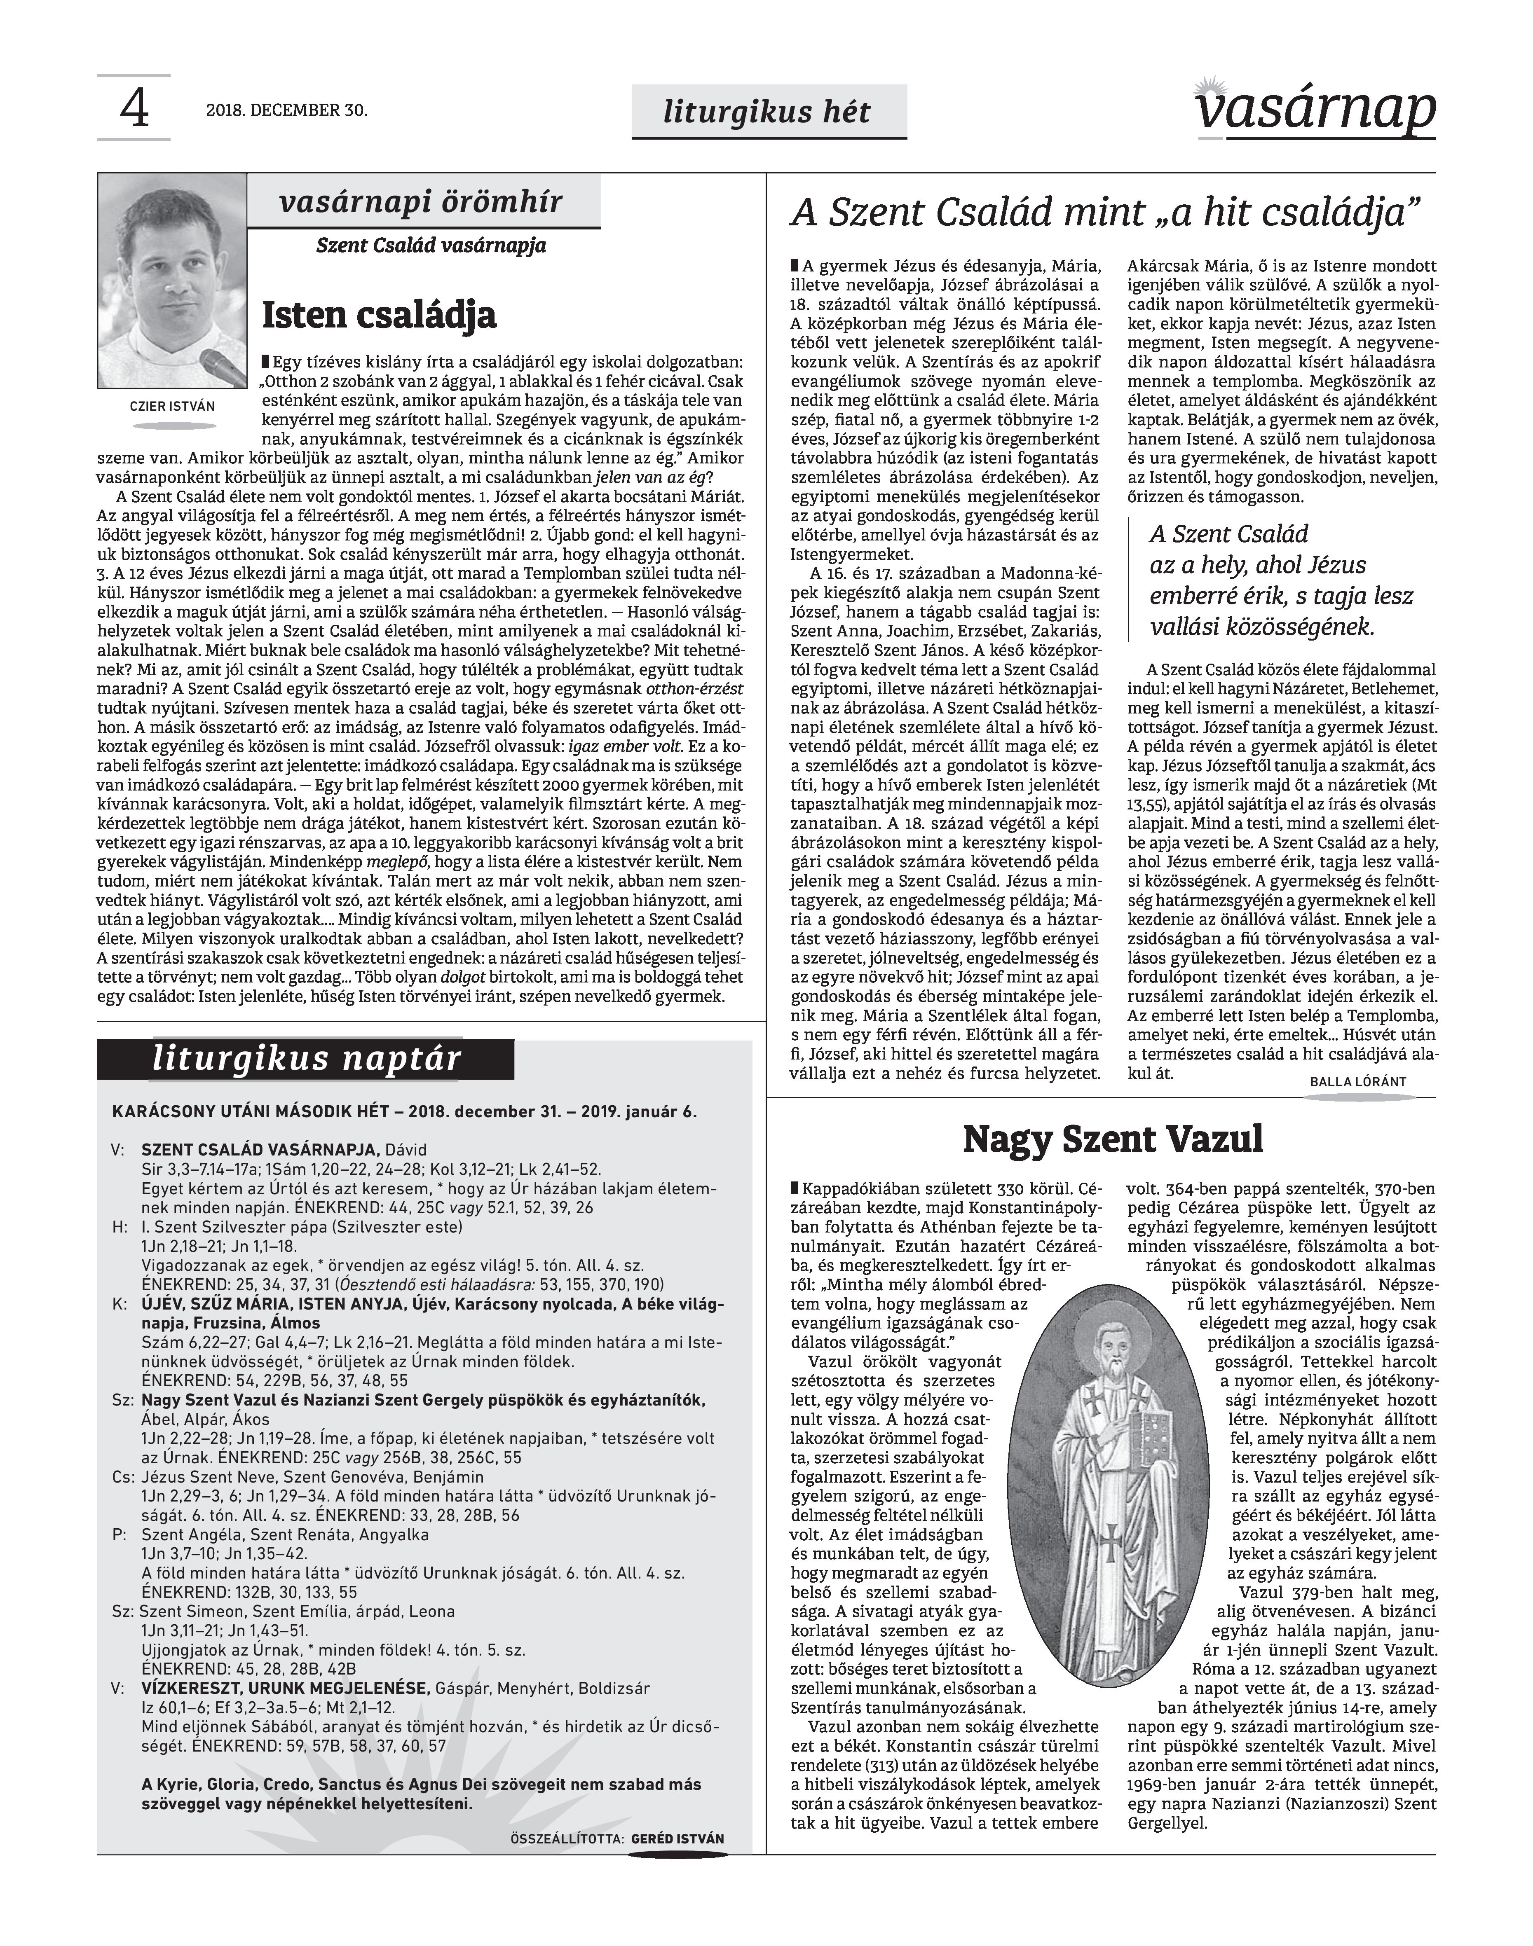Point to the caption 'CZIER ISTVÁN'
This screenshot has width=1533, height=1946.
(x=172, y=405)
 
